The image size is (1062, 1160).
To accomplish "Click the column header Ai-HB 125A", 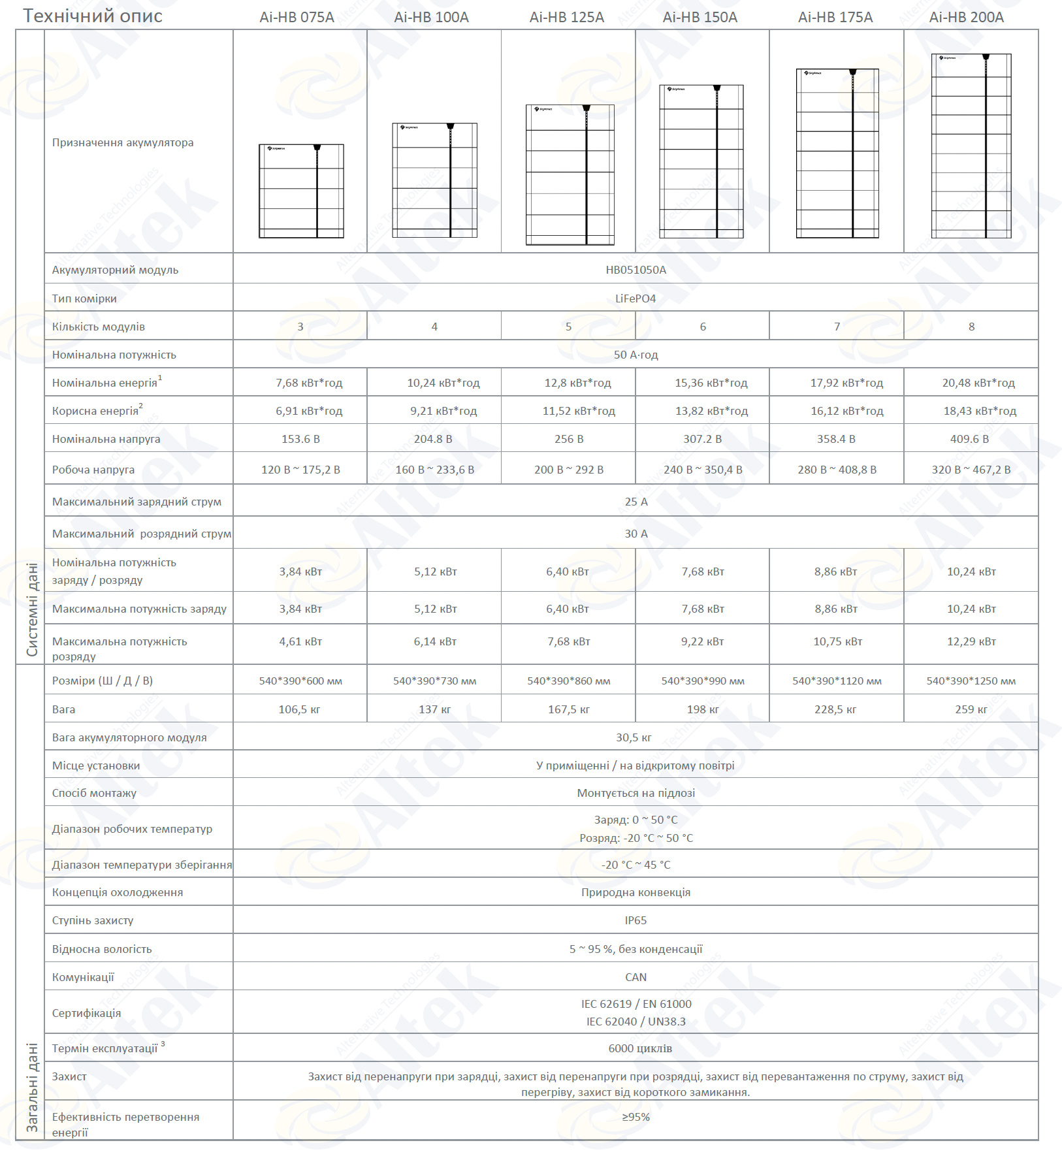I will point(566,18).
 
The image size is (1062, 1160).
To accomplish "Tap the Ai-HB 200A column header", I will point(966,18).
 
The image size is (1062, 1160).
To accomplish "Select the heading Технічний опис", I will point(93,16).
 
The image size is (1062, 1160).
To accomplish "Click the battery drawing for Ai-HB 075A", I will point(301,191).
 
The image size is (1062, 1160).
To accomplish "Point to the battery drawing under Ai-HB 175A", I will point(837,153).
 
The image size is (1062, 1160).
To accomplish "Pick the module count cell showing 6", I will point(703,327).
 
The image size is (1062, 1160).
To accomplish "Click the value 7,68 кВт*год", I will point(309,383).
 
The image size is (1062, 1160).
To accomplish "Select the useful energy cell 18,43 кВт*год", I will point(979,411).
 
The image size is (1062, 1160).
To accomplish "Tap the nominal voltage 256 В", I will point(569,439).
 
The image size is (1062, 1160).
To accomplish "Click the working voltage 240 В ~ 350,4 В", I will point(703,470).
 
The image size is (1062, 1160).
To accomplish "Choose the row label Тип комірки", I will point(84,298).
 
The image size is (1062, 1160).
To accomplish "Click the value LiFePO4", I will point(636,298).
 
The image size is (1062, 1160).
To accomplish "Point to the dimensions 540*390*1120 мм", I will point(837,681).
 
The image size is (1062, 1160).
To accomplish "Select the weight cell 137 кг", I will point(434,709).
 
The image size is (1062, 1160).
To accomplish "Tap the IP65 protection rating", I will point(636,920).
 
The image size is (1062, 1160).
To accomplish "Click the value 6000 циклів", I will point(640,1048).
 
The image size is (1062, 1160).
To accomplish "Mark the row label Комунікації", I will point(83,977).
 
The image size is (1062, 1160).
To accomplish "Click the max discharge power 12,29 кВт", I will point(971,641).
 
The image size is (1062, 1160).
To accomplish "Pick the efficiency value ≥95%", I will point(636,1117).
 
